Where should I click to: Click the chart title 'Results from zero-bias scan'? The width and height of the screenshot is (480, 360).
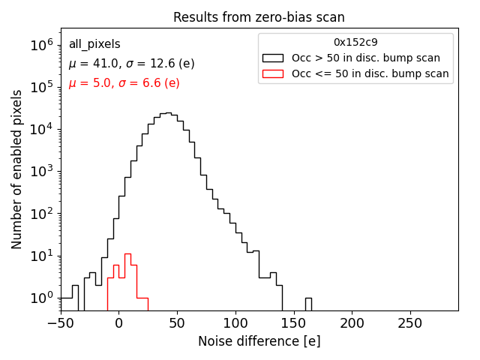coord(259,17)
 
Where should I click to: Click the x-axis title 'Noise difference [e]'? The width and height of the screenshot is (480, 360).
coord(259,341)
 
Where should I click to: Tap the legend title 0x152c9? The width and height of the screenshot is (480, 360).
coord(355,42)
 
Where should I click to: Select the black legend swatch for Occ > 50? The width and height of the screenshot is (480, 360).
coord(272,58)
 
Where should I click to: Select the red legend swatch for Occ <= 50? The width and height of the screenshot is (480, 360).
coord(272,73)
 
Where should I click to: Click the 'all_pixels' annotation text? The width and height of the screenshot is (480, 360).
coord(94,44)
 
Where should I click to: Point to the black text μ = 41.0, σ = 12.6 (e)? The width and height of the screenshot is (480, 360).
coord(131,64)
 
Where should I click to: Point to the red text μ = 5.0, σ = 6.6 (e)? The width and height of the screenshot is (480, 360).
coord(124,82)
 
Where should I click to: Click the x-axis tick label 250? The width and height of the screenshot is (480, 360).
coord(410,323)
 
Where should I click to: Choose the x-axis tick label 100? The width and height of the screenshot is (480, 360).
coord(235,323)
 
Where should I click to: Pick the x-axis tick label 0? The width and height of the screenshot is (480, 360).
coord(119,323)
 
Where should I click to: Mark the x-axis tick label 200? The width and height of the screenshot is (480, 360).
coord(352,323)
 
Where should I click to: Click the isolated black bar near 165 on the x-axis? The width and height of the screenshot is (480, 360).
coord(308,304)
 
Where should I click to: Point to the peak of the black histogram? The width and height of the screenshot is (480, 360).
coord(169,114)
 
